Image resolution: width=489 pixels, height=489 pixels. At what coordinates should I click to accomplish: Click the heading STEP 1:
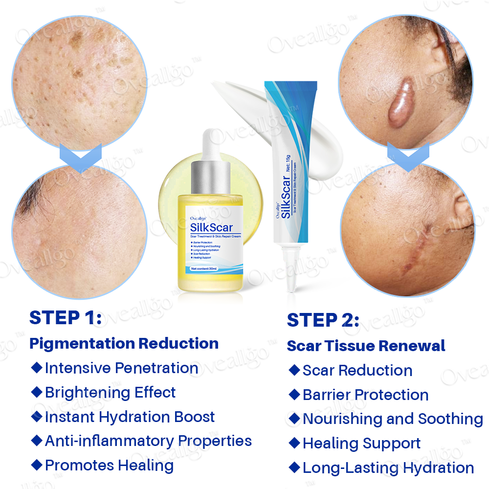(66, 318)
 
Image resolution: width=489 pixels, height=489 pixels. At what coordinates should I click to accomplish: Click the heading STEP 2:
(323, 320)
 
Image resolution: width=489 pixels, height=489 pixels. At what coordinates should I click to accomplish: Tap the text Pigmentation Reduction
(124, 343)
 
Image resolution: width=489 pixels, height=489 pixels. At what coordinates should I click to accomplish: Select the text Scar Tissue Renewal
(366, 346)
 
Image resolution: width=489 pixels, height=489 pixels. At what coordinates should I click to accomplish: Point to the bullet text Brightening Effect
(110, 392)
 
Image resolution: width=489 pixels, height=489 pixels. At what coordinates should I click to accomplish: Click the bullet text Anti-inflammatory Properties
(148, 441)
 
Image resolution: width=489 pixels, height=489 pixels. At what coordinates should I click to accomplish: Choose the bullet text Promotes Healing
(109, 465)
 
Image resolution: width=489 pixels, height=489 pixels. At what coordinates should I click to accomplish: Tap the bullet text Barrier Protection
(365, 395)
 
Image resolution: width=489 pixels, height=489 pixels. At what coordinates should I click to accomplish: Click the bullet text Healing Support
(361, 444)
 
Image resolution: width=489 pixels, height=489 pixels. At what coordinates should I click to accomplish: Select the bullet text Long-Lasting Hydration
(388, 467)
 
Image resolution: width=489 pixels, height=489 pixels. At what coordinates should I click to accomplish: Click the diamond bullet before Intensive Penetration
(37, 367)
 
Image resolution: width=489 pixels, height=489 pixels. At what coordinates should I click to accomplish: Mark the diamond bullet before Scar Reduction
(294, 370)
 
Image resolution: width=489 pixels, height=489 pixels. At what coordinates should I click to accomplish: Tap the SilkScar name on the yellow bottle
(211, 227)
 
